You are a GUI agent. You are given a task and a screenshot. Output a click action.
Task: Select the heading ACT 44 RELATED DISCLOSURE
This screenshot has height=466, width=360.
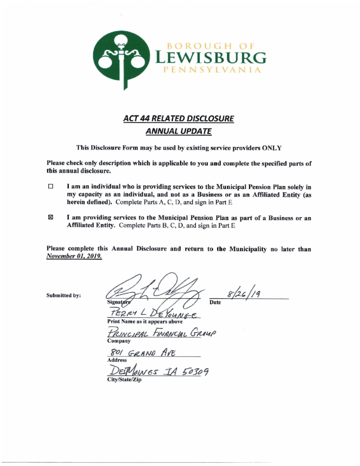[x=180, y=119]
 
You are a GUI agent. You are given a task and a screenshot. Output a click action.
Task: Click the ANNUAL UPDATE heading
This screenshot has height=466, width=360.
[x=180, y=132]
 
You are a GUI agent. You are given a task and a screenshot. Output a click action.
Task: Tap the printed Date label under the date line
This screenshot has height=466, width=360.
[x=217, y=301]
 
